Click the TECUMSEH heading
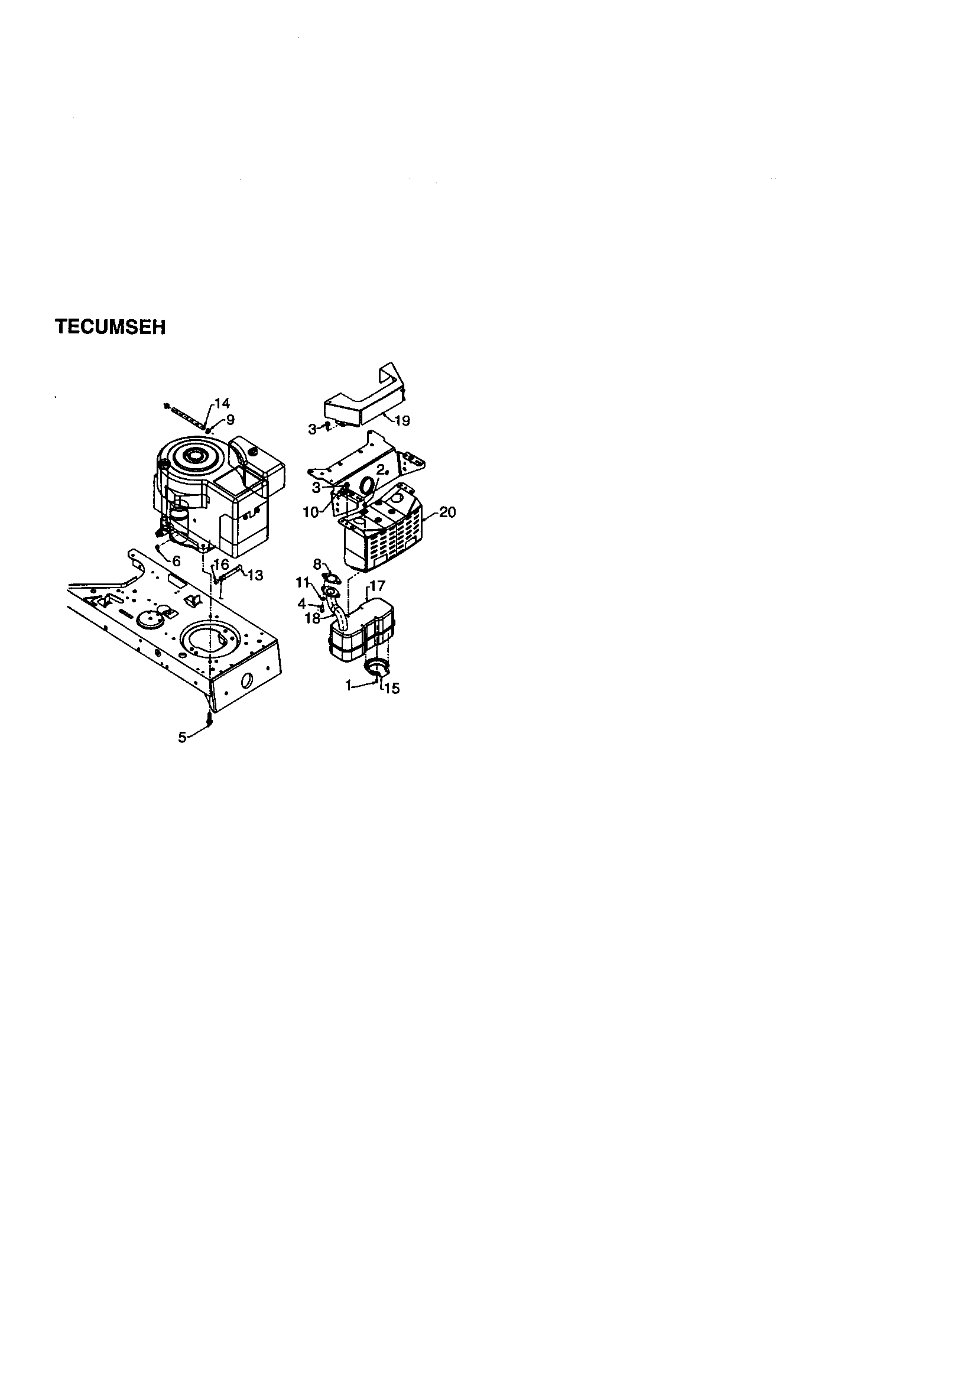click(x=110, y=327)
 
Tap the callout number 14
click(x=222, y=404)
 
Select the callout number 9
click(x=230, y=420)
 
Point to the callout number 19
click(x=401, y=421)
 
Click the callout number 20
click(x=447, y=512)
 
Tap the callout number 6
click(x=176, y=561)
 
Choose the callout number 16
click(x=222, y=565)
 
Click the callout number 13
click(x=255, y=575)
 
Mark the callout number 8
click(x=317, y=565)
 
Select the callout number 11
click(x=302, y=582)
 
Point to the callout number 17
click(x=377, y=586)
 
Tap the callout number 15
click(x=392, y=688)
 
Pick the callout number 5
click(x=182, y=737)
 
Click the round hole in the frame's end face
click(x=246, y=682)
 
